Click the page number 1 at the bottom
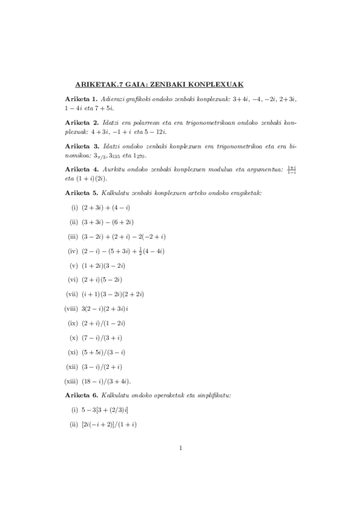pyautogui.click(x=180, y=447)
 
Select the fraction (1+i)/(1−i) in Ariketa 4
pyautogui.click(x=291, y=170)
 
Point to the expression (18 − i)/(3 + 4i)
pyautogui.click(x=106, y=381)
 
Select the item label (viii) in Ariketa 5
pyautogui.click(x=72, y=309)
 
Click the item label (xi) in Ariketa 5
pyautogui.click(x=73, y=352)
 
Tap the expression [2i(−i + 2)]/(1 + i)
pyautogui.click(x=109, y=425)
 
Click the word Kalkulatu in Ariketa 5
pyautogui.click(x=117, y=192)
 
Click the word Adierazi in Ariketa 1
pyautogui.click(x=115, y=98)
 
